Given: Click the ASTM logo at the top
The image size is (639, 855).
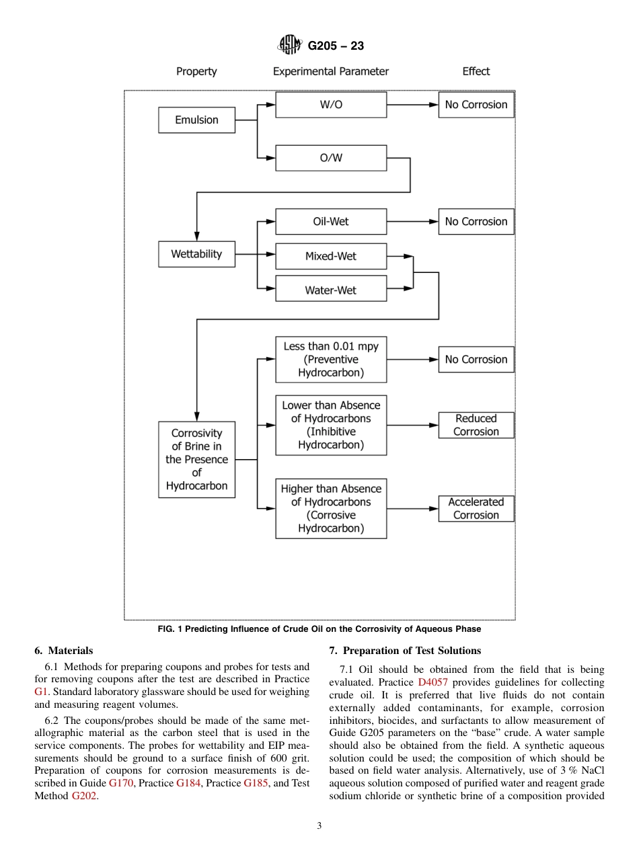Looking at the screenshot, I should click(x=291, y=45).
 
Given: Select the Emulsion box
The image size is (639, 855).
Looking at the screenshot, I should click(x=196, y=120).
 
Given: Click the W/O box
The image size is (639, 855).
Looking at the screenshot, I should click(x=331, y=105).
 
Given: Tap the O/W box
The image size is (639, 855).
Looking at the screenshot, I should click(x=331, y=158).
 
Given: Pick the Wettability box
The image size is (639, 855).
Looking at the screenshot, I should click(x=196, y=254).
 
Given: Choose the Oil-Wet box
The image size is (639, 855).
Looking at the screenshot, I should click(x=331, y=221).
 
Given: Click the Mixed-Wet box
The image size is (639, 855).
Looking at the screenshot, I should click(x=331, y=256).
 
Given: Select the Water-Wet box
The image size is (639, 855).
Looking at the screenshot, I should click(x=331, y=290).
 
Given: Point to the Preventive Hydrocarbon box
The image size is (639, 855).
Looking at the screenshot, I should click(x=331, y=360).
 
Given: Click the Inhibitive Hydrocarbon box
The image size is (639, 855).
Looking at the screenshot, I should click(x=331, y=425).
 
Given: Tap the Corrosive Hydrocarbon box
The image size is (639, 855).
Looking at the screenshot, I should click(x=331, y=508).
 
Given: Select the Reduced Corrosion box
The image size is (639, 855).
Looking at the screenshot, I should click(x=476, y=425).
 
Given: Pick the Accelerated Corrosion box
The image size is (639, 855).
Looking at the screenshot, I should click(x=476, y=508).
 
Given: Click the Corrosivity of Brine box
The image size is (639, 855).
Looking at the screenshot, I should click(x=196, y=459).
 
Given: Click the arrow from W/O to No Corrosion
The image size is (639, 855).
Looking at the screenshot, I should click(x=412, y=105).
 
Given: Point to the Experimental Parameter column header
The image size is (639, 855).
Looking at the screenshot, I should click(x=331, y=71).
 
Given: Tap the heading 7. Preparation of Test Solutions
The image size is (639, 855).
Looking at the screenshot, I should click(x=405, y=651).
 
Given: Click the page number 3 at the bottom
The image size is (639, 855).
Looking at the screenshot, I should click(x=319, y=826).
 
